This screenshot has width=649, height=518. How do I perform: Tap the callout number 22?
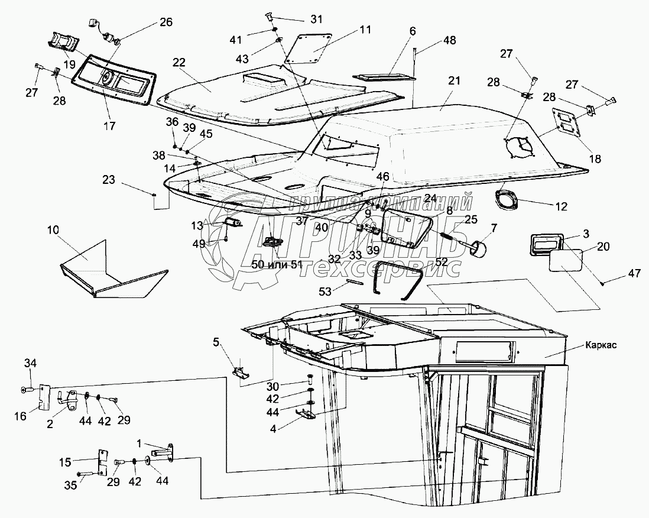click(x=179, y=63)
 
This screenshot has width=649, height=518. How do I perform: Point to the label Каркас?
click(x=601, y=345)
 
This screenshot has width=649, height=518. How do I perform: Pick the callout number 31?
click(x=317, y=20)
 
